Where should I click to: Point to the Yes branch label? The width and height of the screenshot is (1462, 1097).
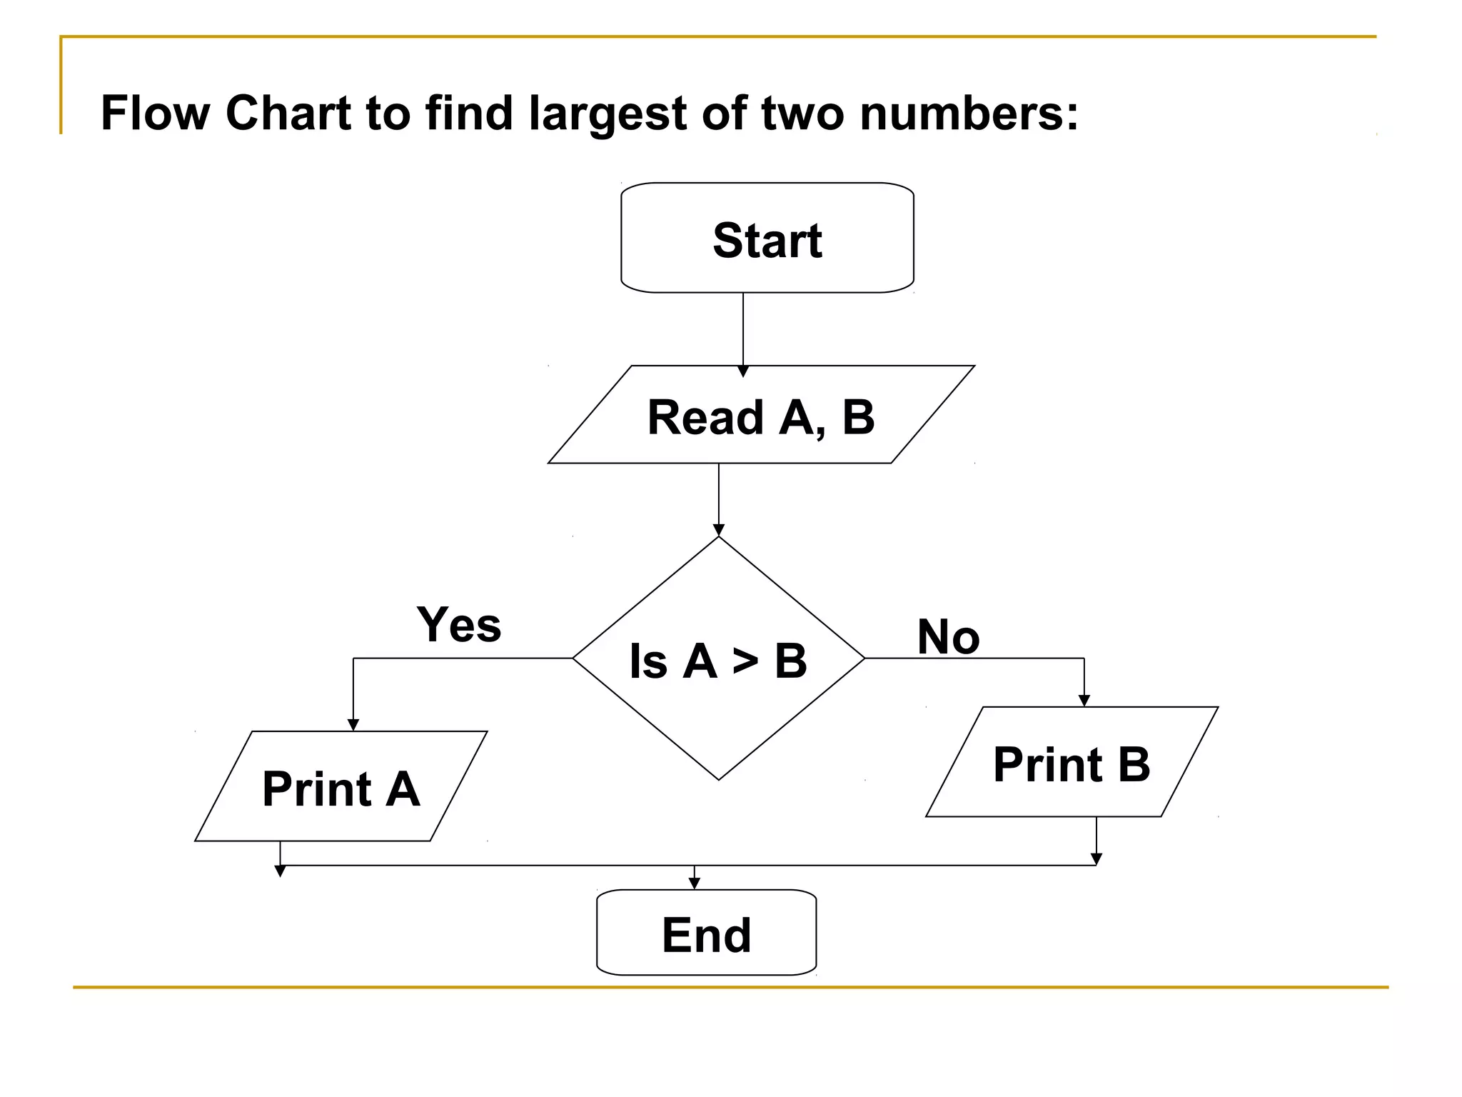(459, 624)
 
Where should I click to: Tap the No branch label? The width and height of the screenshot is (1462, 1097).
(948, 636)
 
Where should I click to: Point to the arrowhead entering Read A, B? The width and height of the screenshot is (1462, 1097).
(743, 371)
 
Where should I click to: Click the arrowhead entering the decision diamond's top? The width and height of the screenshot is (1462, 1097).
(719, 530)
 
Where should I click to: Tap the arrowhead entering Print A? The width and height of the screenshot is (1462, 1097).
(353, 725)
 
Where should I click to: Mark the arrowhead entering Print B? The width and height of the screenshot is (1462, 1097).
(1084, 701)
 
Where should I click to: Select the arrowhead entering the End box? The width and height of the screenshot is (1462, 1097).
(695, 883)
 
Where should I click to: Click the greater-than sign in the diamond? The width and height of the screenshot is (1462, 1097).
(745, 661)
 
